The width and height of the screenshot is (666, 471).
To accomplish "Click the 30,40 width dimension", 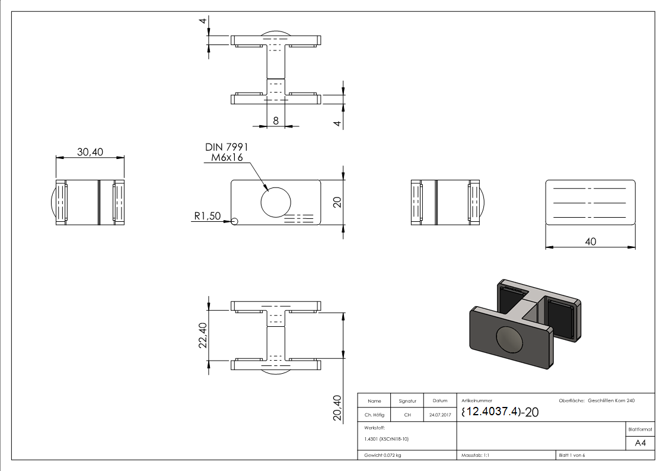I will (x=90, y=152).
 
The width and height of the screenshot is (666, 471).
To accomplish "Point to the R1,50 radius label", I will (x=206, y=218).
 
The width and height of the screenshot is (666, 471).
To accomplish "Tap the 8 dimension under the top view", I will (x=276, y=120).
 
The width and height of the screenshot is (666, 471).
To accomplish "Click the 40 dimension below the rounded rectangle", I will (x=591, y=241).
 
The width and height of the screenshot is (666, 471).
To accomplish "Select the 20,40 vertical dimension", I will (x=337, y=408).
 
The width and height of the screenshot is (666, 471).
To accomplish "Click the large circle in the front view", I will (x=276, y=202).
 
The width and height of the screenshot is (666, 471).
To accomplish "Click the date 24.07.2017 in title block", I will (x=440, y=415).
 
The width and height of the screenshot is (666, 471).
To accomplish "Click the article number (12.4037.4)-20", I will (x=499, y=412).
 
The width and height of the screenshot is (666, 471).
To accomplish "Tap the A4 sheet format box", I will (x=639, y=443).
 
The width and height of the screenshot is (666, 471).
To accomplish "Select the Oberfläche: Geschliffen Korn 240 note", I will (x=597, y=401).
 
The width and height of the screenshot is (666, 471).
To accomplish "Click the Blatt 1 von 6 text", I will (x=572, y=456).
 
